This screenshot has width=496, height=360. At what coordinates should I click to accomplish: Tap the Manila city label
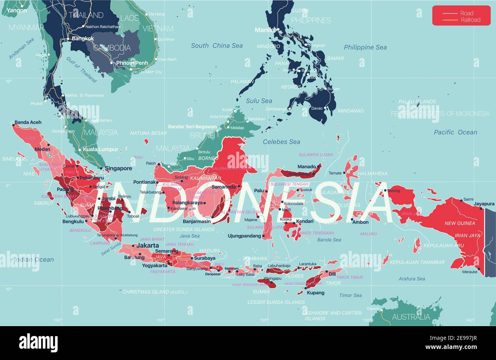point(264,30)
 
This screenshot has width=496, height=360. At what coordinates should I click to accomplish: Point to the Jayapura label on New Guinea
point(484,204)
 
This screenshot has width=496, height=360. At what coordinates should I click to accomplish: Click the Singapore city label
point(119,169)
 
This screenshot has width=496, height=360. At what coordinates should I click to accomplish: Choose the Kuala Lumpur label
point(101,149)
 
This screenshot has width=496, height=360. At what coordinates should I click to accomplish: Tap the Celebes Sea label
point(282,142)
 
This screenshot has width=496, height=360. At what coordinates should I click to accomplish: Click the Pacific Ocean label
point(456,132)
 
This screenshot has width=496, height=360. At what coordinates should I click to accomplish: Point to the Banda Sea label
point(329,240)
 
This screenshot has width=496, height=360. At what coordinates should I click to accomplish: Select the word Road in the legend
point(467,13)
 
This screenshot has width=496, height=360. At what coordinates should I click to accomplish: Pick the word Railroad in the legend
point(470,20)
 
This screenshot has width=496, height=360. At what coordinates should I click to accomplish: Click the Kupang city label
point(316,293)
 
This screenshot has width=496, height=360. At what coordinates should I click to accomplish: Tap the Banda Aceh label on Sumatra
point(28,122)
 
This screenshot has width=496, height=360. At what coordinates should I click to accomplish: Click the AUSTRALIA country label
point(411,317)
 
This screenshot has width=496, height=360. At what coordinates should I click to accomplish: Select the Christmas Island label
point(155,292)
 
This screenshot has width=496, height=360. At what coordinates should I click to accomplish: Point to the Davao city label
point(317,108)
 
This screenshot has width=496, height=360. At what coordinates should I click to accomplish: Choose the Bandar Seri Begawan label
point(192,127)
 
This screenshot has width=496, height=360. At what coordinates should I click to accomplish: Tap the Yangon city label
point(17,10)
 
